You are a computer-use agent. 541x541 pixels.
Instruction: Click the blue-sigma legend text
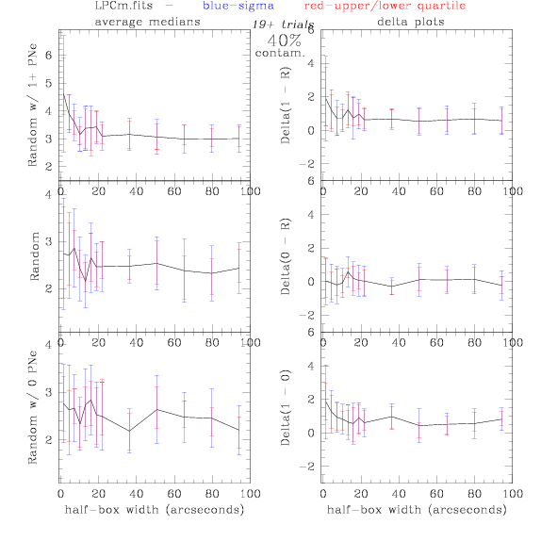click(238, 6)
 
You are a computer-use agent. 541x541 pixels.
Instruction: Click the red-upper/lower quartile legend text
click(385, 7)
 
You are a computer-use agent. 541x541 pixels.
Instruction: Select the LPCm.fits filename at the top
click(123, 6)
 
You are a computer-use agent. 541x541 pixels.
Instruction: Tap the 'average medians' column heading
click(147, 22)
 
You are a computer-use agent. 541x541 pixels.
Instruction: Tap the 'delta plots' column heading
click(411, 22)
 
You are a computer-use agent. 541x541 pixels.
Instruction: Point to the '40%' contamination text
click(285, 41)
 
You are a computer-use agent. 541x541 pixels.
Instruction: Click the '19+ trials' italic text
click(283, 25)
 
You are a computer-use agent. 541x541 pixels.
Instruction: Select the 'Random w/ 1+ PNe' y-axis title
click(33, 105)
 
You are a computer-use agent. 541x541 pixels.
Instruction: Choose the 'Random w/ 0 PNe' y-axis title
click(33, 407)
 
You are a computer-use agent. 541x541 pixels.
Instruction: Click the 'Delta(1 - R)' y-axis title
click(286, 105)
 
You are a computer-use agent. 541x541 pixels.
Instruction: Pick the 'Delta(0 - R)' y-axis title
click(286, 256)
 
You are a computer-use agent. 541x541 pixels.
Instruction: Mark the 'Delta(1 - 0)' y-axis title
click(286, 407)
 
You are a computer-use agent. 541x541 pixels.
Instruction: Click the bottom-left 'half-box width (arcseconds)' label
click(155, 510)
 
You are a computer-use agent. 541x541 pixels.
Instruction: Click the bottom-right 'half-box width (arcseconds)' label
click(417, 510)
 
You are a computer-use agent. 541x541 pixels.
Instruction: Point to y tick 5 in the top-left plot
click(49, 83)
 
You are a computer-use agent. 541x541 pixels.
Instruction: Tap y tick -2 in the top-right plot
click(307, 164)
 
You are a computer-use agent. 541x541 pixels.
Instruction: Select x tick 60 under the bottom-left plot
click(174, 494)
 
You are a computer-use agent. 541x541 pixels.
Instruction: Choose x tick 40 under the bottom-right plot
click(399, 494)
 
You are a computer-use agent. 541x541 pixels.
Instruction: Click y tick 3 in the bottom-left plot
click(49, 392)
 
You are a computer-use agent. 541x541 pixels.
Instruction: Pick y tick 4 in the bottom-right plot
click(311, 366)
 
